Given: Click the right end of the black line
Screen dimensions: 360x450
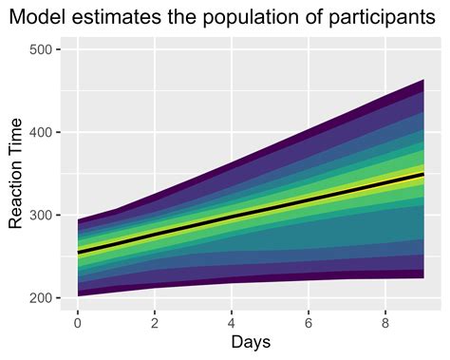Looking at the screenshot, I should [x=423, y=175].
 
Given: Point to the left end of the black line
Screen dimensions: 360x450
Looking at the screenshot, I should [x=78, y=253].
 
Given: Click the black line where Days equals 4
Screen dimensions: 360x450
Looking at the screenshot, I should [x=232, y=218].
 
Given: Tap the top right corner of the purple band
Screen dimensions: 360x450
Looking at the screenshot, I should [x=423, y=80].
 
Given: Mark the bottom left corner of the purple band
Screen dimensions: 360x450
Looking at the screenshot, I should [x=78, y=295].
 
